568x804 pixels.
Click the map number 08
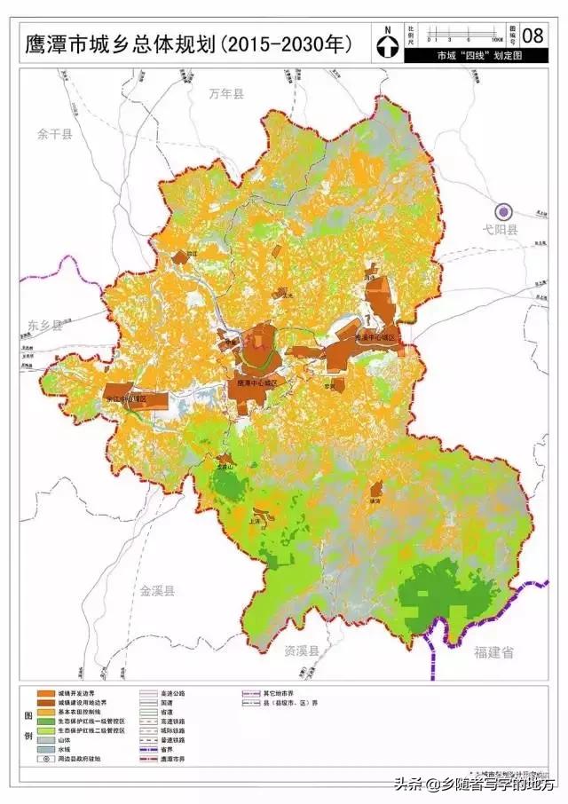tap(532, 35)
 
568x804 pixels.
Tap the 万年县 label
tap(225, 93)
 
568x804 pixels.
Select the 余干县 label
tap(55, 134)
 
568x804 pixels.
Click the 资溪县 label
tap(302, 651)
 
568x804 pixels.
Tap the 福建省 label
tap(493, 652)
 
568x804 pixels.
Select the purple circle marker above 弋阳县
tap(504, 211)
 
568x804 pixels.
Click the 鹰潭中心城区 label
tap(258, 382)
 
